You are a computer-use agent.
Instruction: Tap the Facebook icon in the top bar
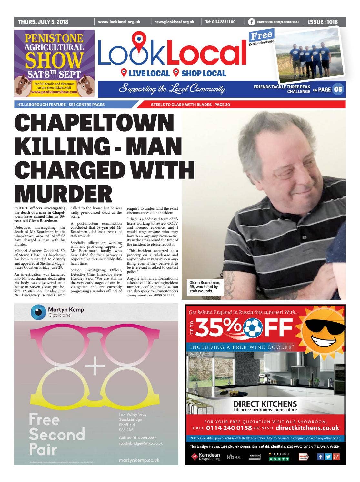coord(252,22)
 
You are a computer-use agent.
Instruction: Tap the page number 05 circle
coord(338,89)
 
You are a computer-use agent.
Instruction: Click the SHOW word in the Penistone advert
coord(55,60)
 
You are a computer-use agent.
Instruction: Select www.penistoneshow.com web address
coord(54,92)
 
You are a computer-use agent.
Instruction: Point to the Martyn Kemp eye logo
coord(38,312)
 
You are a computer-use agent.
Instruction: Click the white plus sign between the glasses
coord(95,366)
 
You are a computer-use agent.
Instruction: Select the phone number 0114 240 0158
coord(229,428)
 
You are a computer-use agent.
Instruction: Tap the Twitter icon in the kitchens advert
coord(328,457)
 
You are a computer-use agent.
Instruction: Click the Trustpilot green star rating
coord(279,458)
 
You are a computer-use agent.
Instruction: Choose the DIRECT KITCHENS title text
coord(265,404)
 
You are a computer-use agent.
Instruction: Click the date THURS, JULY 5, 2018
coord(43,22)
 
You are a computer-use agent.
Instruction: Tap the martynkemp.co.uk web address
coord(139,460)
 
